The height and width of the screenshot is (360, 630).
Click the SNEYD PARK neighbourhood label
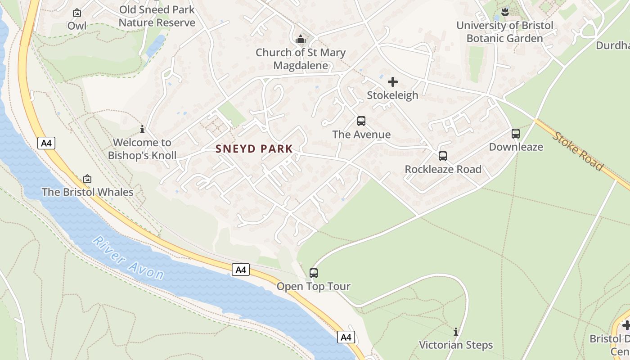254,148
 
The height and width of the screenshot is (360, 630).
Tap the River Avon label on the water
129,258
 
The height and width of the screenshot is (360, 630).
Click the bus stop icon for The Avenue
361,121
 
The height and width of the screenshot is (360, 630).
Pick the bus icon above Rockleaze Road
443,156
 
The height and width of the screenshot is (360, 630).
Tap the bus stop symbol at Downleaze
516,134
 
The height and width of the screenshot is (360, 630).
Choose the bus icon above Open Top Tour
314,273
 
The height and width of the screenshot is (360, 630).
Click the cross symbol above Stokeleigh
393,82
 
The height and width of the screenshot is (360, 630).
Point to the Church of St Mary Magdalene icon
301,40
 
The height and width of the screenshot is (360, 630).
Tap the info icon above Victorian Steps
456,332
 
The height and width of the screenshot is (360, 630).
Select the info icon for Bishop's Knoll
142,130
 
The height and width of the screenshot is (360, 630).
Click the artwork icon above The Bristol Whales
87,179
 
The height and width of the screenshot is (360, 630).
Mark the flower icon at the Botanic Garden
505,12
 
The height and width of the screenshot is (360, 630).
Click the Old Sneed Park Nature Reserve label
157,16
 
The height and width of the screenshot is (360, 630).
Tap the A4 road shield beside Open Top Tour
241,270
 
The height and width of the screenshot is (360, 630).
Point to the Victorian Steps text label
456,345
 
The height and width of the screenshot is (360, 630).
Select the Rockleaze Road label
443,169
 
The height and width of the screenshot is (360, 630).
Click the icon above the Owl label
77,13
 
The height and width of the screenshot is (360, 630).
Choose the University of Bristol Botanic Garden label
505,32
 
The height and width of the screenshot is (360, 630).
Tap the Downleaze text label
516,147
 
